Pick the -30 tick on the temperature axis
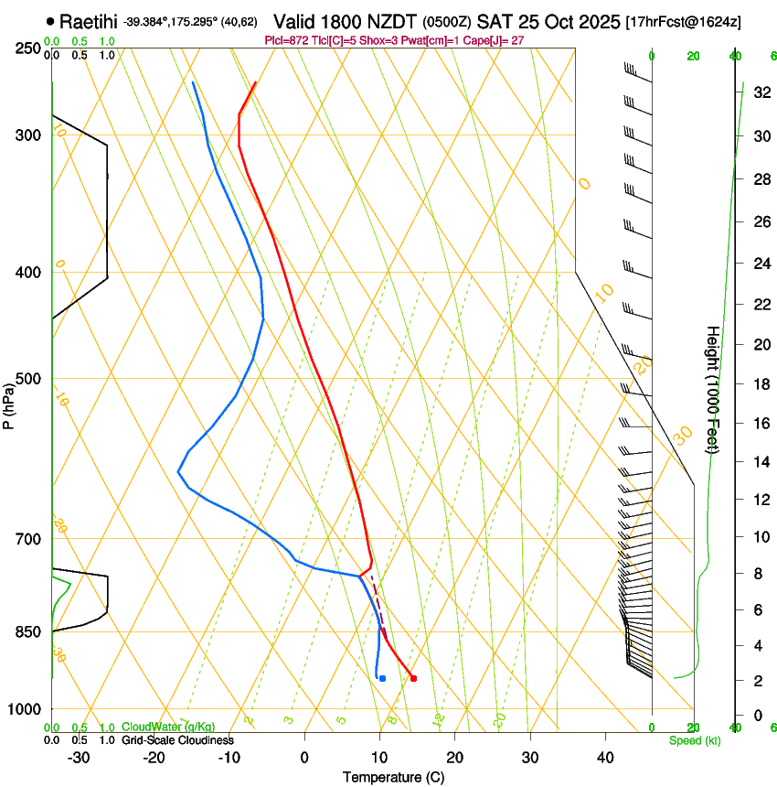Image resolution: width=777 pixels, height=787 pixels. (79, 757)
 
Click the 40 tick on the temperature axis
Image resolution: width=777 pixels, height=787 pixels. (605, 757)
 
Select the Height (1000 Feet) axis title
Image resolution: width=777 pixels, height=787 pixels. (713, 389)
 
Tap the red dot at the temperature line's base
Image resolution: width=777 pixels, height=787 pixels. (414, 678)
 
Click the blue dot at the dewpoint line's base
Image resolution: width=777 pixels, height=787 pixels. (382, 678)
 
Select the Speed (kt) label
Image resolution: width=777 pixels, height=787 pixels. (694, 740)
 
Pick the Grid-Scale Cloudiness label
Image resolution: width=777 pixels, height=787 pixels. (177, 740)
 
